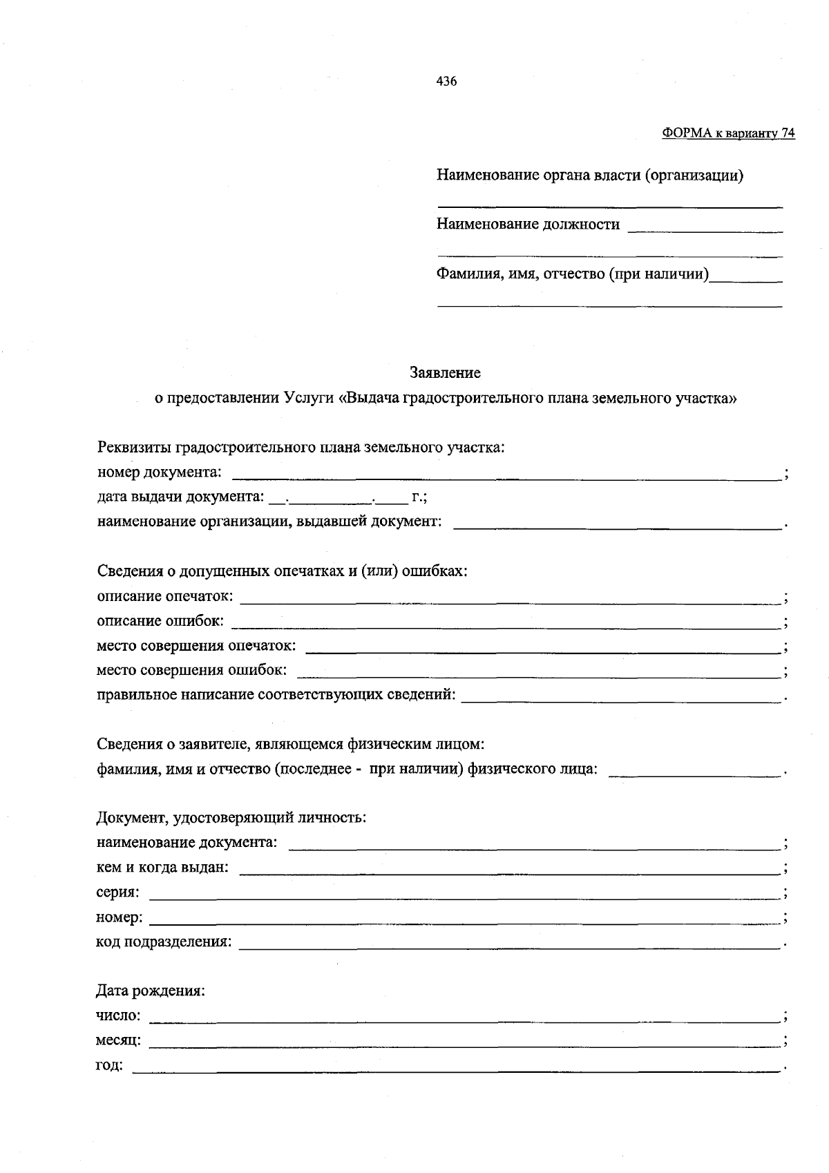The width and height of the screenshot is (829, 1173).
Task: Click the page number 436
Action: pyautogui.click(x=446, y=82)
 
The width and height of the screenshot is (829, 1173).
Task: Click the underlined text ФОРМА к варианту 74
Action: pyautogui.click(x=728, y=133)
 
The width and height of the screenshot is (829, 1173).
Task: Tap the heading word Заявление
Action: pyautogui.click(x=446, y=373)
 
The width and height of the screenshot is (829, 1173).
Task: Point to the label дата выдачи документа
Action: pyautogui.click(x=180, y=497)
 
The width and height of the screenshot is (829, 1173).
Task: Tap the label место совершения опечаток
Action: pyautogui.click(x=196, y=646)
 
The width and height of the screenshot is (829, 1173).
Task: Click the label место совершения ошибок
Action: pyautogui.click(x=191, y=670)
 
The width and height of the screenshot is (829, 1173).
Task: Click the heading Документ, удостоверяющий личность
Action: pyautogui.click(x=231, y=818)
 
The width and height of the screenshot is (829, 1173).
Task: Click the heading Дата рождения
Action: pyautogui.click(x=151, y=991)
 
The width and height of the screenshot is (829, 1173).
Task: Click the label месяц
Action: pyautogui.click(x=119, y=1040)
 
